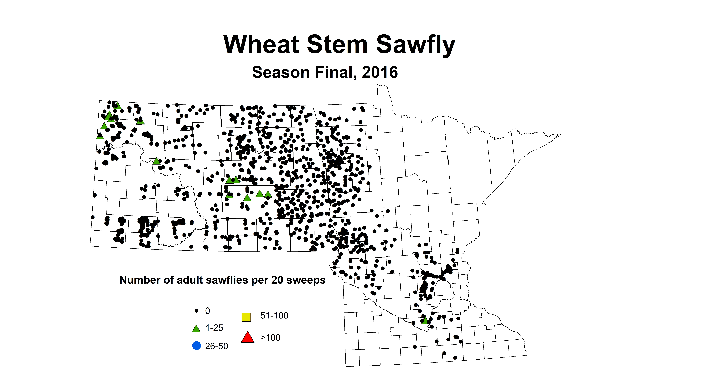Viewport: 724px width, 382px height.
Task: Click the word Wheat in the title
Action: click(261, 44)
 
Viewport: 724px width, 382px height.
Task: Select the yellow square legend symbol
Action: click(246, 317)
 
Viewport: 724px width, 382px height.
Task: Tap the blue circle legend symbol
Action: click(196, 346)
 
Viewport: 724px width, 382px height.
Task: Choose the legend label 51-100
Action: click(274, 316)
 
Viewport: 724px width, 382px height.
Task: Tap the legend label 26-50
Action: click(216, 346)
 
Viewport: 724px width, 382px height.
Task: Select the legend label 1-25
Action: click(214, 328)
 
